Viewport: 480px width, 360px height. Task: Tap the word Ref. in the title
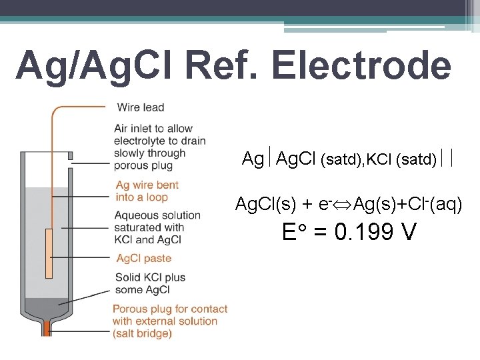click(x=225, y=65)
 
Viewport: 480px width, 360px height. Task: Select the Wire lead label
click(x=141, y=107)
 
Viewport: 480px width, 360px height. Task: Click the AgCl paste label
click(x=143, y=259)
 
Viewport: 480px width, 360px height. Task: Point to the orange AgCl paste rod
click(x=49, y=253)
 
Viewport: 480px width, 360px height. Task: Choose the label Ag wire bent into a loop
click(x=147, y=191)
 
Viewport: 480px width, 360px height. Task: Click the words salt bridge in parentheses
click(x=143, y=333)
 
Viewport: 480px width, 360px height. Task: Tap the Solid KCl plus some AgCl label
click(x=150, y=283)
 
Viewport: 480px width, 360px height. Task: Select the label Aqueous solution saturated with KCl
click(x=157, y=227)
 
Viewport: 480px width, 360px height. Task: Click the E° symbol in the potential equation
click(x=293, y=233)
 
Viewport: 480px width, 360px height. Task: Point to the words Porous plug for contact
click(x=170, y=309)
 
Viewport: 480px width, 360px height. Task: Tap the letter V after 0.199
click(x=409, y=233)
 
